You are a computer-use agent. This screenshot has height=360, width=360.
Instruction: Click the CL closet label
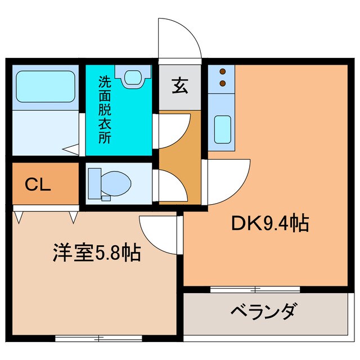pos(38,184)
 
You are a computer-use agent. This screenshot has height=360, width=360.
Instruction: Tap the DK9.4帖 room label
pos(270,224)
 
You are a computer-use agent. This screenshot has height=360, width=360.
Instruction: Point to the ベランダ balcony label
pos(263,311)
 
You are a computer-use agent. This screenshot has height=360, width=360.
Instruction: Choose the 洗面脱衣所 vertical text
pos(105,110)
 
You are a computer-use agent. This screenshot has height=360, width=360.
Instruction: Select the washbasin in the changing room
pos(133,76)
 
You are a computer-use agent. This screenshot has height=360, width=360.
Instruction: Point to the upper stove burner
pos(223,72)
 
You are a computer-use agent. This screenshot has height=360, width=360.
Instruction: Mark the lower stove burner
pos(223,83)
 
